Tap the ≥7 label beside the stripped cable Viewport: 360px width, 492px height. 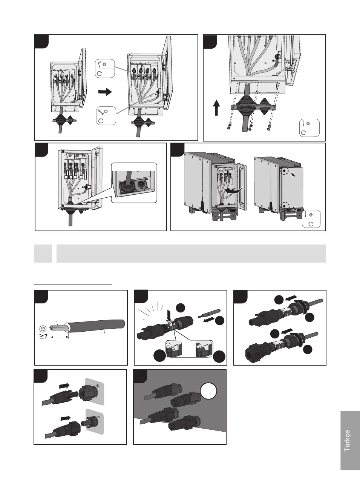[x=43, y=336]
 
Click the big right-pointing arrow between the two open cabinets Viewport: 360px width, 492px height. [x=105, y=92]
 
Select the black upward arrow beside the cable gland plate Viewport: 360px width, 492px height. [x=217, y=108]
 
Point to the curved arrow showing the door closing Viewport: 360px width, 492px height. [x=234, y=190]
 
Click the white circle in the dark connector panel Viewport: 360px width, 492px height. [x=208, y=391]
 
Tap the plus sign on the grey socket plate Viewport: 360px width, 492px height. [x=98, y=386]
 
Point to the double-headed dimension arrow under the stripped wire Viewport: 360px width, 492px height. [x=60, y=337]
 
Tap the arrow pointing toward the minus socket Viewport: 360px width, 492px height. [x=66, y=418]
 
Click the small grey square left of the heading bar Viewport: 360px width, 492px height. [x=43, y=254]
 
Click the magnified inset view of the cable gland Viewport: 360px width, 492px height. [x=134, y=183]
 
